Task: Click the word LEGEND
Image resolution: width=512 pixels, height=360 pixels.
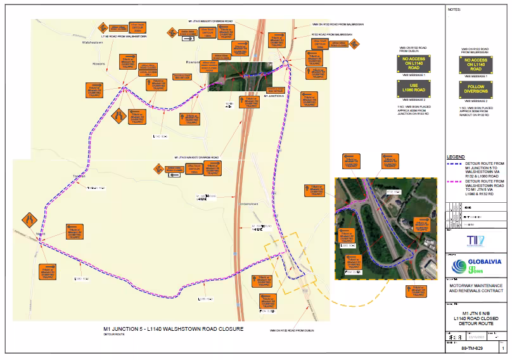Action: click(x=456, y=157)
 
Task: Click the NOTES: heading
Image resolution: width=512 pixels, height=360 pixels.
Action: click(x=455, y=10)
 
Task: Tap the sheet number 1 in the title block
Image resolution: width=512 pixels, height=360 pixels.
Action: click(x=503, y=349)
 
